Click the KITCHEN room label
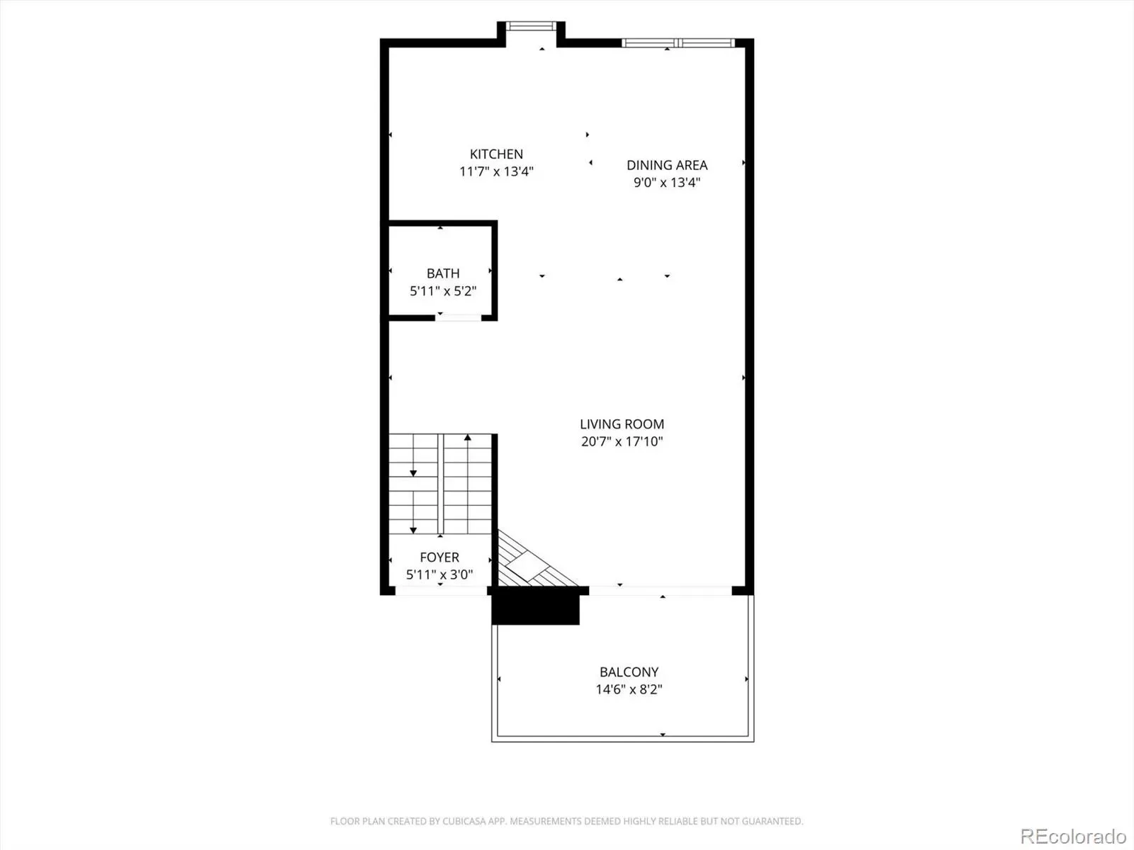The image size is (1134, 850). [x=496, y=154]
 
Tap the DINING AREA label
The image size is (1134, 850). [x=667, y=165]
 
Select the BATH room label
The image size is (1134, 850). [x=443, y=273]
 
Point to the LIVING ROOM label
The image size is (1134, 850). [x=622, y=424]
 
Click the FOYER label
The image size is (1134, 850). [x=439, y=557]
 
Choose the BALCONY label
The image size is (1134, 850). [x=629, y=671]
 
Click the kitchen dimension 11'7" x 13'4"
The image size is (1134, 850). [x=496, y=171]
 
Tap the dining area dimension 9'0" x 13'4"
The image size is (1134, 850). [x=667, y=182]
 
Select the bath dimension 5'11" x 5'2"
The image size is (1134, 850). [x=443, y=291]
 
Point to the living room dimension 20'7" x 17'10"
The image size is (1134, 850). [x=622, y=441]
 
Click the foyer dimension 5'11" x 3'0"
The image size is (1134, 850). [x=439, y=574]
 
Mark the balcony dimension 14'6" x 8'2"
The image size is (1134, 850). [x=629, y=689]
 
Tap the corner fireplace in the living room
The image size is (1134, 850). [x=529, y=562]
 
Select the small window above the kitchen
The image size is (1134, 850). [x=531, y=25]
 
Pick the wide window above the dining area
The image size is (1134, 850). [x=678, y=42]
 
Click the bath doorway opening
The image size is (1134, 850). [x=459, y=318]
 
